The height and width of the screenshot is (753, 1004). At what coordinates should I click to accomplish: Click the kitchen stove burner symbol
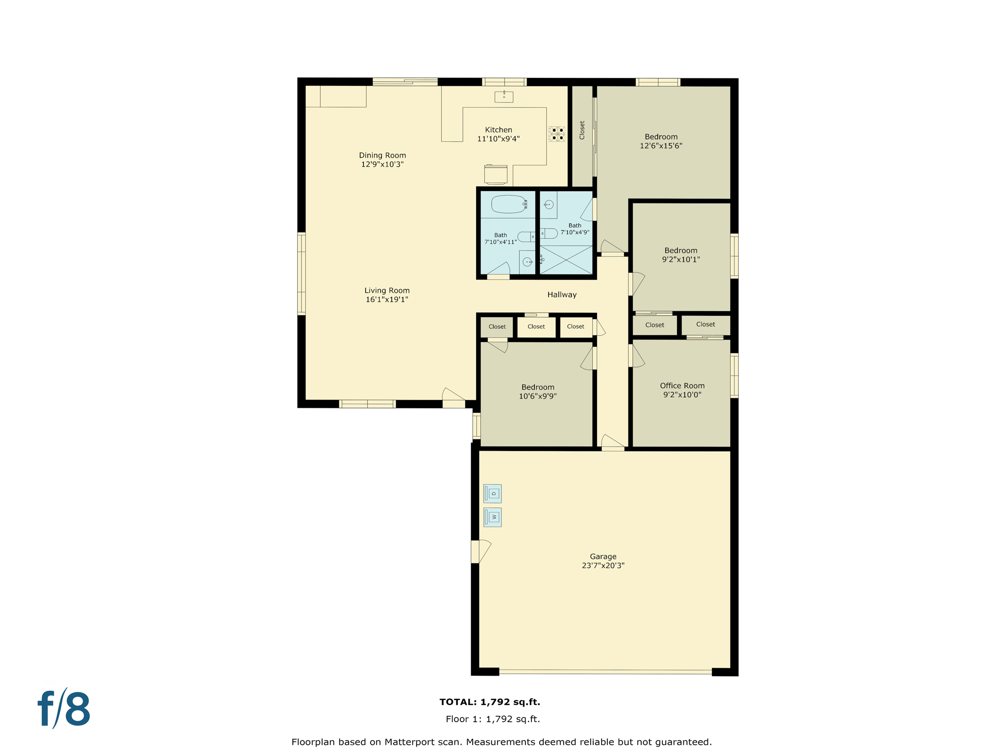(556, 134)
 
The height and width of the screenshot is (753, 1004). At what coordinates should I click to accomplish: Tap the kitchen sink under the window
(503, 97)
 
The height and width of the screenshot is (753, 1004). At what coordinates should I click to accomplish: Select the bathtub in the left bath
(509, 204)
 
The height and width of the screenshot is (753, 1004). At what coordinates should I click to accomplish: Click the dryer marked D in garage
(492, 494)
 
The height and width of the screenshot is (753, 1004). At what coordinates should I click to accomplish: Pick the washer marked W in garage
(492, 517)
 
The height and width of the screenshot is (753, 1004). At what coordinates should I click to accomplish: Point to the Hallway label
(562, 295)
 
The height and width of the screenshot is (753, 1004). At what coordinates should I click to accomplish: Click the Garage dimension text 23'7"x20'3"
(603, 566)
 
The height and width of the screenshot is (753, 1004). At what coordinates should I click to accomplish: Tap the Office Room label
(682, 386)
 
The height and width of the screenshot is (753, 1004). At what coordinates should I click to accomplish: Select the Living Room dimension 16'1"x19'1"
(387, 300)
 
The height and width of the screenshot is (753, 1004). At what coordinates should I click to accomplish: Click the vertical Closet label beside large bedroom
(582, 130)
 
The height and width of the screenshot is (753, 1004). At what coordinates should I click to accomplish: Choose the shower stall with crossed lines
(566, 260)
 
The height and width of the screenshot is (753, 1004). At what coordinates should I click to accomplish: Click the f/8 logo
(64, 709)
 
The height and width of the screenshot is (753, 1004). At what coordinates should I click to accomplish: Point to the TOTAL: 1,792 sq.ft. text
(490, 702)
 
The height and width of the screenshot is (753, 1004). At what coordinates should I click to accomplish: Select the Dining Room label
(382, 155)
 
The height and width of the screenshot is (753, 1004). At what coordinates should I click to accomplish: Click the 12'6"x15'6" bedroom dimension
(661, 146)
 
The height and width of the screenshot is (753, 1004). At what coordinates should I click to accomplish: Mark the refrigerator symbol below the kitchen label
(496, 175)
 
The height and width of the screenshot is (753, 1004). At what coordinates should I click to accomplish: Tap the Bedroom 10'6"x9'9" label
(538, 387)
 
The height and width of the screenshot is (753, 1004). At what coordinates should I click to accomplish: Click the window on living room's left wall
(301, 274)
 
